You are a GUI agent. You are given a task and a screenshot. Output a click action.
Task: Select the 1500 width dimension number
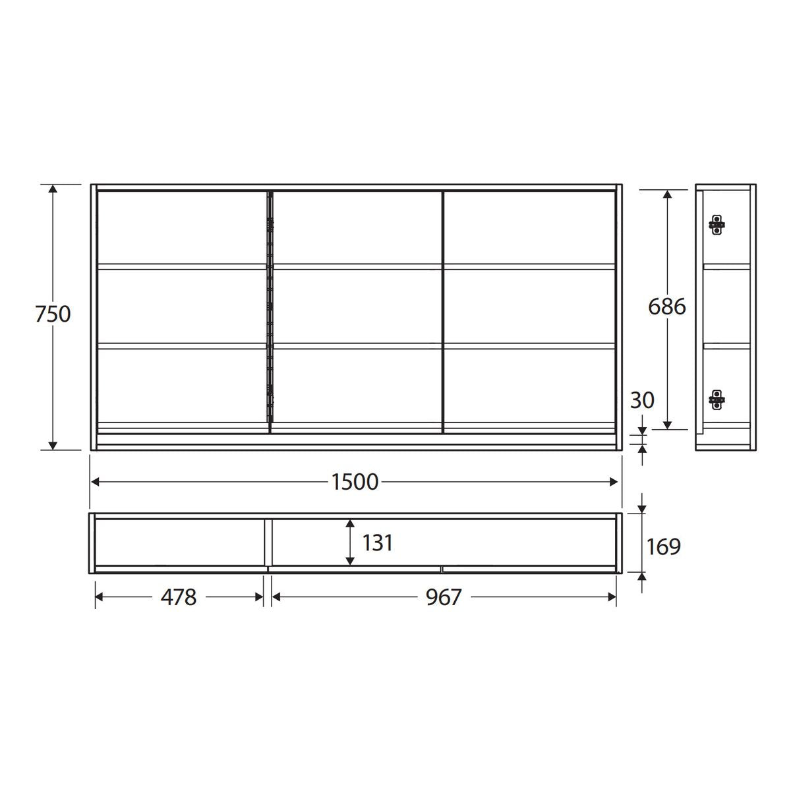pos(355,482)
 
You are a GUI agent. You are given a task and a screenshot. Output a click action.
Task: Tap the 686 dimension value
pos(666,307)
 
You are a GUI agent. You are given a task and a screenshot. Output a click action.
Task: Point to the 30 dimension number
pos(642,400)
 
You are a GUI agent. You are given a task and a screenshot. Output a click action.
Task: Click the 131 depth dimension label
pos(377,542)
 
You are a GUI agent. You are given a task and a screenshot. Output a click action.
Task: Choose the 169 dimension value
pos(663,546)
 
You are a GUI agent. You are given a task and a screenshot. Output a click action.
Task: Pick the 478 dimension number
pos(179,597)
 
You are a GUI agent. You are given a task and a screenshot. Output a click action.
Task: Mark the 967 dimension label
pos(444,597)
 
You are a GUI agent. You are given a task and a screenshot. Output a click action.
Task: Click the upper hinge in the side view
pos(717,225)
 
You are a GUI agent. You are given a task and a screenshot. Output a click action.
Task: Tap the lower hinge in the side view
pos(717,399)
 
